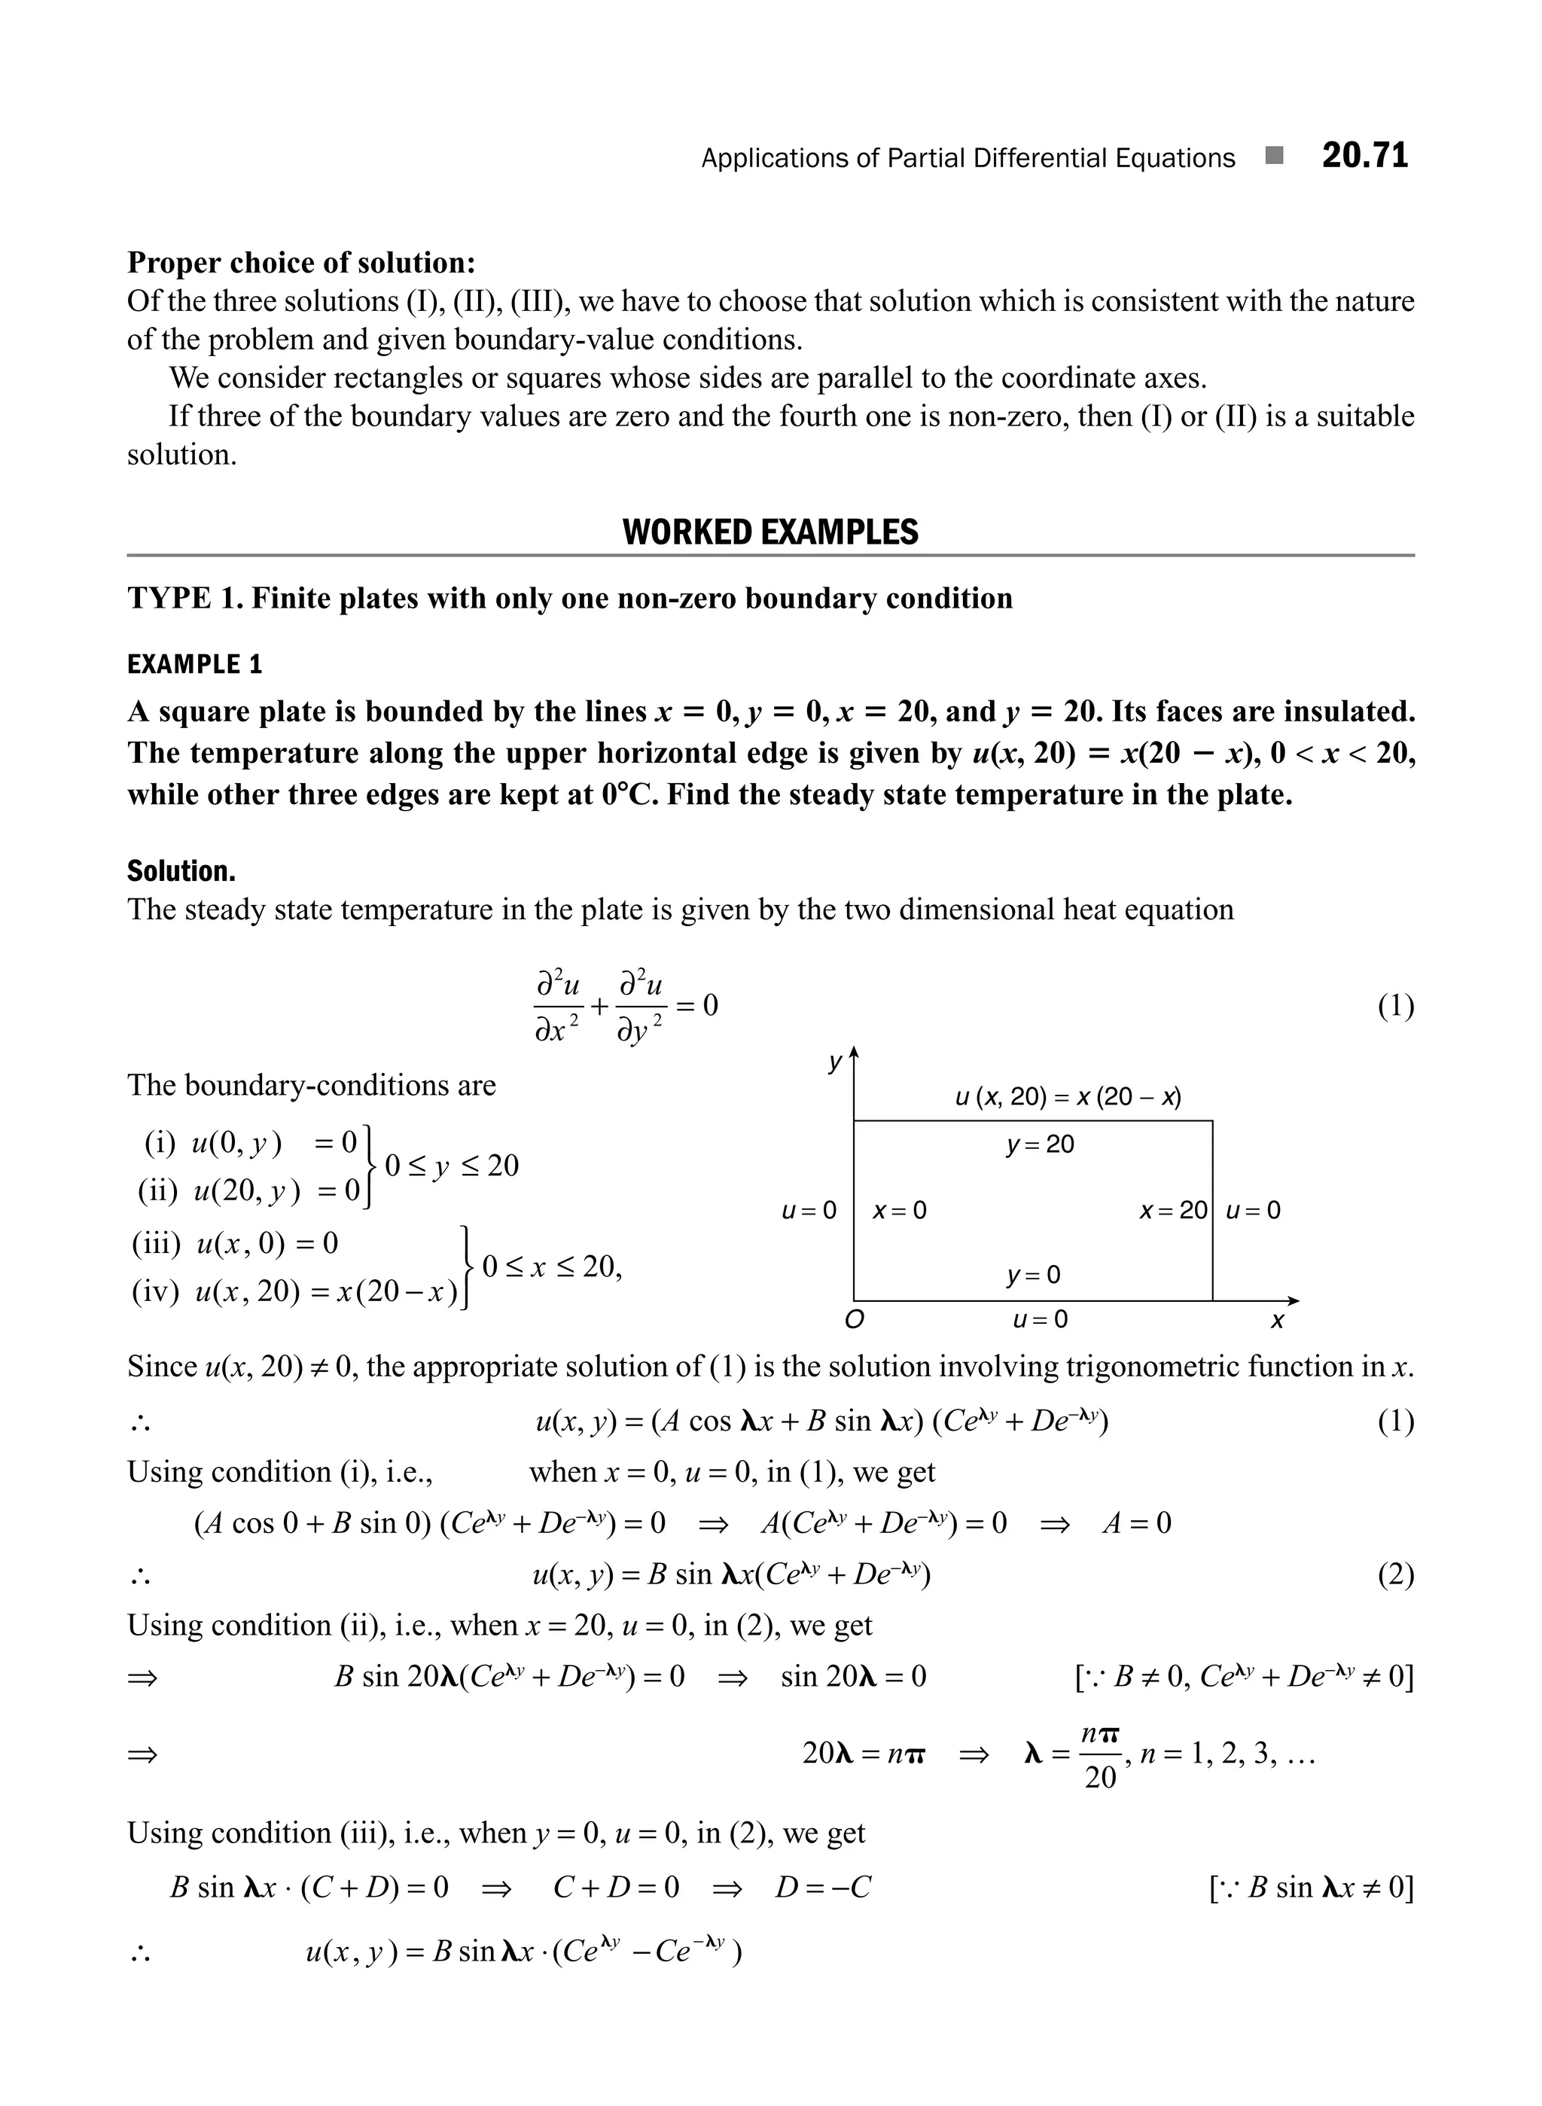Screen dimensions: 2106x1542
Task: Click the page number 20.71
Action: point(1364,157)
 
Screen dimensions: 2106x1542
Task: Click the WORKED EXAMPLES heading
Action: point(770,532)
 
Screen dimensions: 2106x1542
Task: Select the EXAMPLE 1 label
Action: point(195,665)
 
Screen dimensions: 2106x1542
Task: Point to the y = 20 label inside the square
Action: point(1039,1144)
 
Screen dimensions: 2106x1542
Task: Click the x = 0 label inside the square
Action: point(899,1211)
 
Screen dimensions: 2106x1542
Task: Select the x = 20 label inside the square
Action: point(1173,1211)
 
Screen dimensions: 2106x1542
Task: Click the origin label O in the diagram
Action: point(853,1320)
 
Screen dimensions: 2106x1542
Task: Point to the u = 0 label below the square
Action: point(1039,1319)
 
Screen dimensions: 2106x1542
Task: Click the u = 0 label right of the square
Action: point(1253,1211)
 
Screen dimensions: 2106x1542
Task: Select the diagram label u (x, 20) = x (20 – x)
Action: point(1068,1097)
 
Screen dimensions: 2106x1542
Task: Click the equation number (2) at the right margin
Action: point(1395,1575)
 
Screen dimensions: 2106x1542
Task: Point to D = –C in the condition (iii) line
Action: point(822,1888)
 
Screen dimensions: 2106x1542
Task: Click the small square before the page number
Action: point(1274,156)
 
